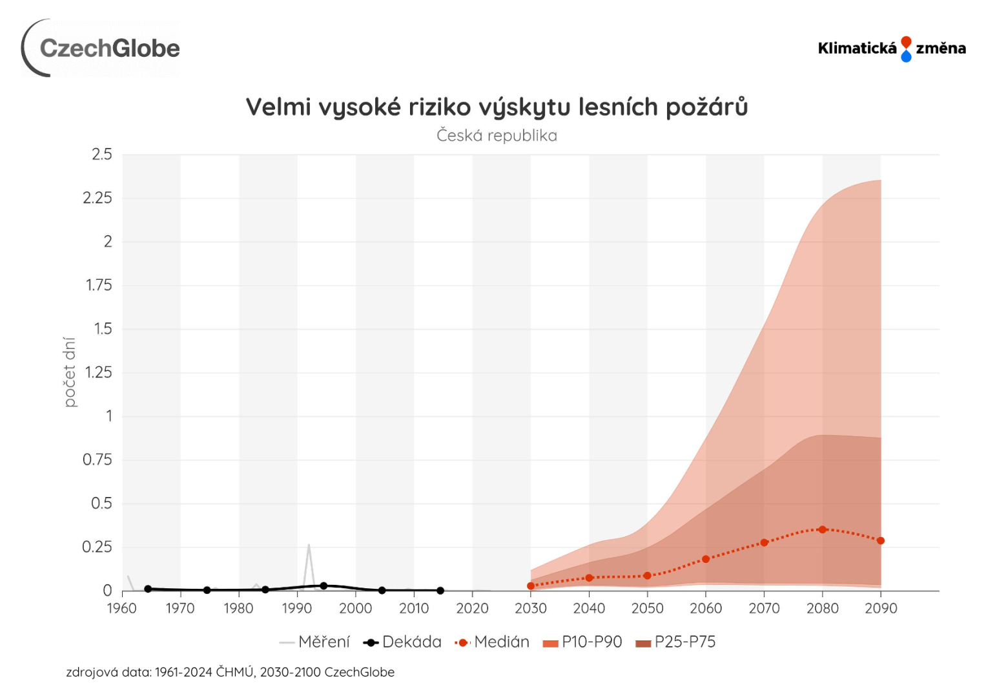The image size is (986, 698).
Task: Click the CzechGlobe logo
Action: click(101, 48)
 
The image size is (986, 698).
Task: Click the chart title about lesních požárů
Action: click(497, 107)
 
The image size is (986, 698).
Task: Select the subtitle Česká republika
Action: click(497, 136)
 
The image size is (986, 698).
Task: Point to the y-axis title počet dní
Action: click(70, 372)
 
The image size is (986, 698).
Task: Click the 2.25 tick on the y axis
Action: click(98, 198)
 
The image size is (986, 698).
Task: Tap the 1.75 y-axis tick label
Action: click(99, 285)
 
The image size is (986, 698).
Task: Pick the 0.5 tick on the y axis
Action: click(101, 503)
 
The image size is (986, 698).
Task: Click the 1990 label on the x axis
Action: click(297, 608)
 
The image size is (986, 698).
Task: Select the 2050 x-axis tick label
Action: click(647, 608)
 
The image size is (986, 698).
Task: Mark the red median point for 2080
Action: click(823, 529)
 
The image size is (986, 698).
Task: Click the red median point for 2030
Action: click(531, 586)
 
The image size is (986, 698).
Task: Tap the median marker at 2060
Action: click(706, 559)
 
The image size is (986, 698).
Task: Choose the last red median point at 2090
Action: click(881, 540)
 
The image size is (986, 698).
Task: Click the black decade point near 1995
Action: click(324, 586)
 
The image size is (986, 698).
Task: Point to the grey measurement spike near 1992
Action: click(309, 547)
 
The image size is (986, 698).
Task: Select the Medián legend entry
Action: click(493, 642)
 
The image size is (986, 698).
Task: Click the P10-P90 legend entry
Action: click(583, 642)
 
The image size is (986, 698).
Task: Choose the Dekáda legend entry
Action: click(402, 642)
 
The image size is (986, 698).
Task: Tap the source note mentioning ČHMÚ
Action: click(230, 672)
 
